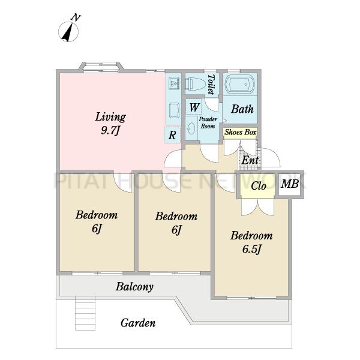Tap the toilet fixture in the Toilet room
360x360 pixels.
(196, 84)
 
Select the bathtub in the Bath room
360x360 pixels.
(240, 84)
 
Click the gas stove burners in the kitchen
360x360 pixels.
(174, 83)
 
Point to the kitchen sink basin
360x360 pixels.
(174, 109)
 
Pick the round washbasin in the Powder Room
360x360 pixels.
(191, 128)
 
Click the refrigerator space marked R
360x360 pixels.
(172, 135)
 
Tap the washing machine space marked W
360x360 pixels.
(194, 107)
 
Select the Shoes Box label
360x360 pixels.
(241, 132)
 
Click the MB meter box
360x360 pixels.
(290, 184)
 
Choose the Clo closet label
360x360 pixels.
(259, 186)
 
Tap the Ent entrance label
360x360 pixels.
(250, 160)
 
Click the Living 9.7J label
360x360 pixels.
(110, 124)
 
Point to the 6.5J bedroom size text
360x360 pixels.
(251, 250)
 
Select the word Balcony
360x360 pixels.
(134, 287)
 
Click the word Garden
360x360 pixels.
(138, 323)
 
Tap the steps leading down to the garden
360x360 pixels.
(85, 313)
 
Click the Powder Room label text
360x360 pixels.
(208, 122)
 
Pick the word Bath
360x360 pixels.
(242, 109)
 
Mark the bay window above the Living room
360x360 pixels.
(101, 67)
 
